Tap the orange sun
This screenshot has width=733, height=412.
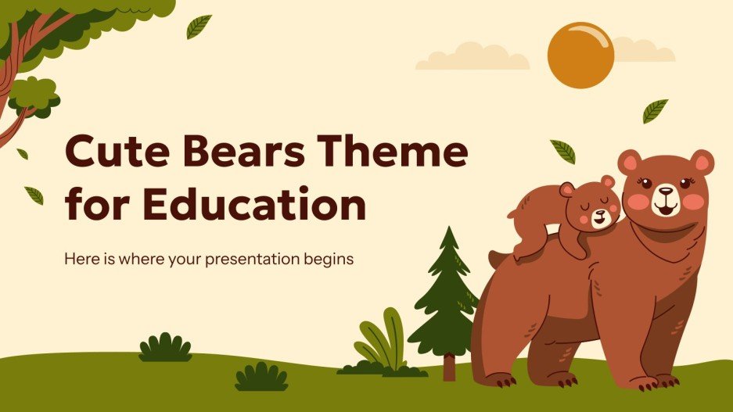click(580, 55)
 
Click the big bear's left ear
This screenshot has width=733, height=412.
click(700, 162)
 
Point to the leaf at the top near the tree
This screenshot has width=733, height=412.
click(199, 27)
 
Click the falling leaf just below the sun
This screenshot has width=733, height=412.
click(655, 111)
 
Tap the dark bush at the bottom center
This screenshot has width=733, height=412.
click(261, 378)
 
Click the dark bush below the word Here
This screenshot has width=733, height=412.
click(165, 348)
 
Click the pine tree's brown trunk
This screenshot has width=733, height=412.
click(449, 367)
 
